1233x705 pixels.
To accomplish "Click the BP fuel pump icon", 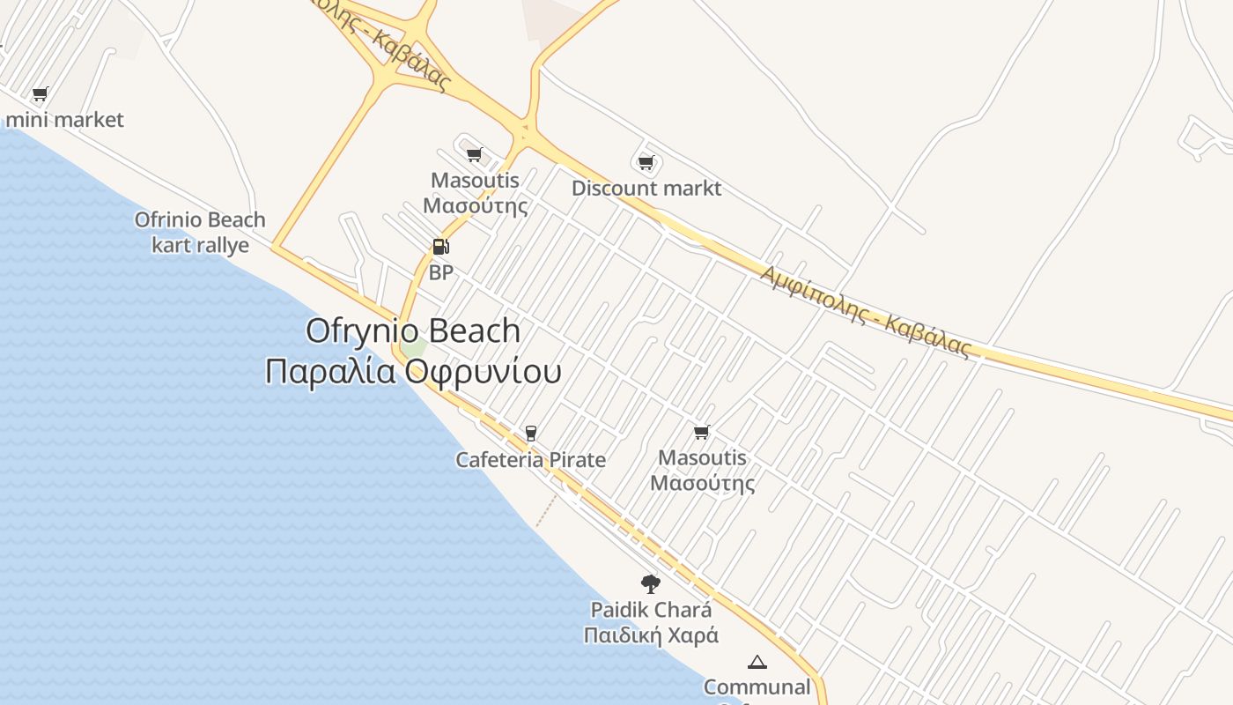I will pyautogui.click(x=440, y=247).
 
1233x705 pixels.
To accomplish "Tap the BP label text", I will pyautogui.click(x=440, y=272).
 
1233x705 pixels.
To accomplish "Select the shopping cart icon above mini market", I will pyautogui.click(x=40, y=93).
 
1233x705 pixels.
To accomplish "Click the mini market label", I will pyautogui.click(x=65, y=119).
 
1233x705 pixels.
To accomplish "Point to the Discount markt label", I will pyautogui.click(x=646, y=188).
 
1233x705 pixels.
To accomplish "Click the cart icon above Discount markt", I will pyautogui.click(x=646, y=162).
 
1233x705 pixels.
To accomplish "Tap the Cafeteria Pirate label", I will pyautogui.click(x=530, y=459).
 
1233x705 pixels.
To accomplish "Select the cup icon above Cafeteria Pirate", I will pyautogui.click(x=530, y=433).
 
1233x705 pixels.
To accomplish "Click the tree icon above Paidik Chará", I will pyautogui.click(x=650, y=583).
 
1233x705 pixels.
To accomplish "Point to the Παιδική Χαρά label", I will pyautogui.click(x=651, y=634).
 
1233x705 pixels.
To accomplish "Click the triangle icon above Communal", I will pyautogui.click(x=757, y=662).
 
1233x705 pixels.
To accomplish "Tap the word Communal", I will pyautogui.click(x=757, y=686).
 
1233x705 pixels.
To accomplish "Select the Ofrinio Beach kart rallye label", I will pyautogui.click(x=200, y=232).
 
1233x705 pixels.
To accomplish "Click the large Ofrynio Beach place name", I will pyautogui.click(x=412, y=330).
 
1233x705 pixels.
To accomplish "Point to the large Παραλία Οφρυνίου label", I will pyautogui.click(x=412, y=371).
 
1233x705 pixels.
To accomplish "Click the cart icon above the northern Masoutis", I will pyautogui.click(x=475, y=155).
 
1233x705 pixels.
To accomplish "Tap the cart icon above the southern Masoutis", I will pyautogui.click(x=702, y=432).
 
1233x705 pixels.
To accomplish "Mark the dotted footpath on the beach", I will pyautogui.click(x=546, y=511).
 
